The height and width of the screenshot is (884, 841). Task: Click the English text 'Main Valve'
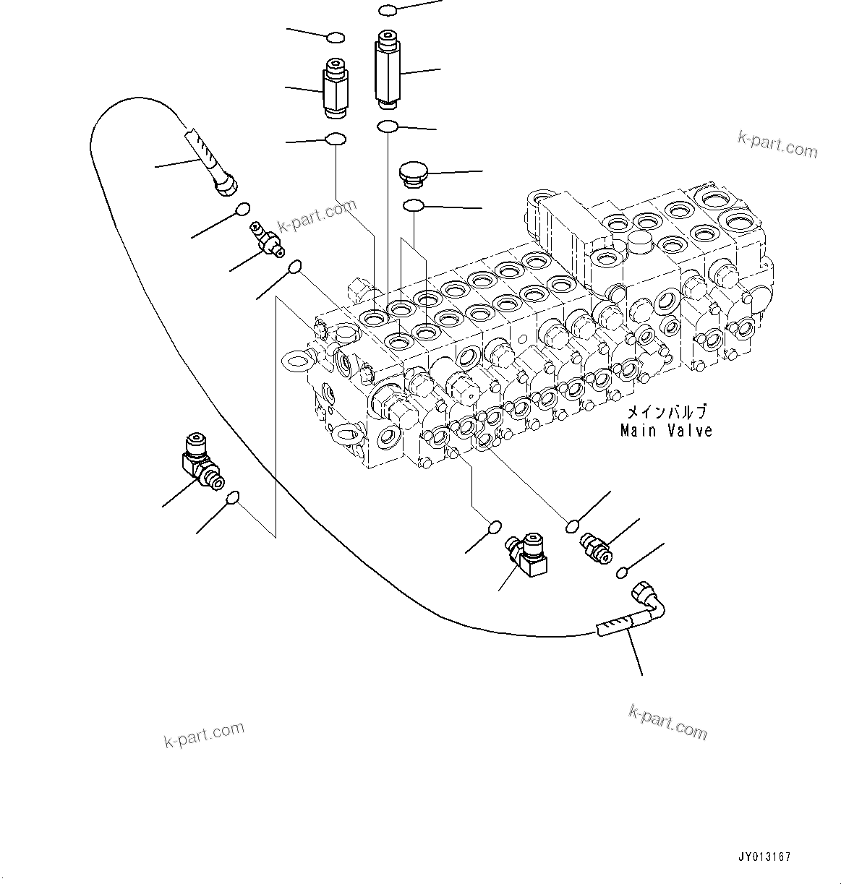click(666, 431)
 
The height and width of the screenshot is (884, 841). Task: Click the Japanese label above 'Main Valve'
click(666, 412)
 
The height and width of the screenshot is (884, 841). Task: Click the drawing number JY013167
click(764, 857)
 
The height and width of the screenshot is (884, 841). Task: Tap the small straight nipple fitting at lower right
click(596, 546)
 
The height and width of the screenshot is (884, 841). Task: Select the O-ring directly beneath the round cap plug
click(413, 207)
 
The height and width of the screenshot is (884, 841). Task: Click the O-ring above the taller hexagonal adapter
click(387, 10)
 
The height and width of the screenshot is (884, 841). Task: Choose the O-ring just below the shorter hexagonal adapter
click(336, 138)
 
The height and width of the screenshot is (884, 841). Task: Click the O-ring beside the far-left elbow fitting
click(233, 497)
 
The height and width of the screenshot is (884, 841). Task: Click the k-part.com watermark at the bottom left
click(205, 735)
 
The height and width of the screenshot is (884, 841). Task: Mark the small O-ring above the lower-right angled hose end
click(622, 573)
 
